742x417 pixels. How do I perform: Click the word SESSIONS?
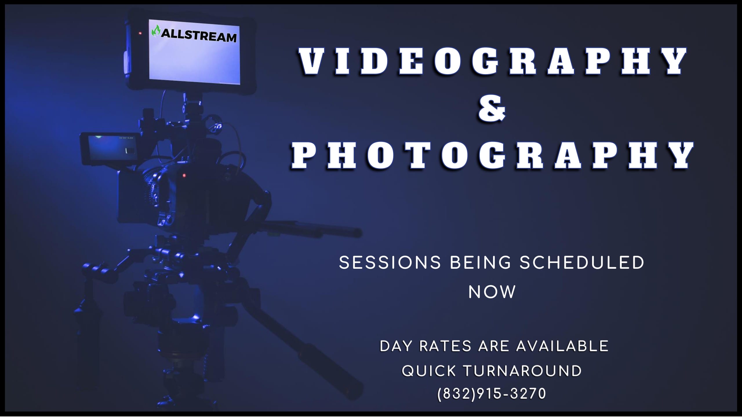(x=390, y=263)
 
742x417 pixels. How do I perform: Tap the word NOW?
(x=492, y=292)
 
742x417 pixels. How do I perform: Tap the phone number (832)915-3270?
(x=492, y=394)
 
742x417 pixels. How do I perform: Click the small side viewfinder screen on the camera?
(x=112, y=148)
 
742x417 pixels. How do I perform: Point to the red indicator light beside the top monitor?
(x=140, y=34)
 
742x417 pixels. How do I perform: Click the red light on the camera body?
(x=184, y=175)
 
